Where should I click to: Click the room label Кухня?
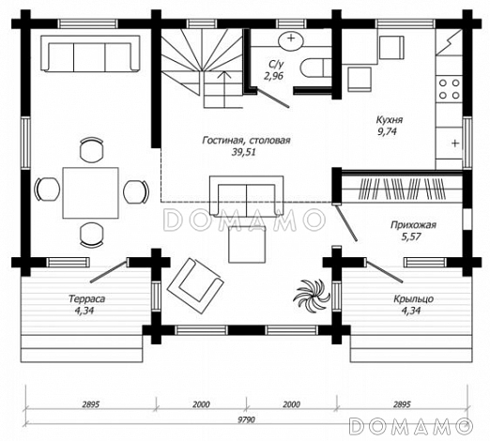389,120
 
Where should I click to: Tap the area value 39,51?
243,152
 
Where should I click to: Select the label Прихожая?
413,225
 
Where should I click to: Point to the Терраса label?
86,298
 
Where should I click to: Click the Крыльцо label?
413,298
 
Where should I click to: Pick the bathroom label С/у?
276,65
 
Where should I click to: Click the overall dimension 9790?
246,419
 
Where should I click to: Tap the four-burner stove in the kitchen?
449,89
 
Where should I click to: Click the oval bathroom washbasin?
291,39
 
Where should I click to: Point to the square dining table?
90,192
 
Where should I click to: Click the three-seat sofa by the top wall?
90,53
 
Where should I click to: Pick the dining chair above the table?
91,149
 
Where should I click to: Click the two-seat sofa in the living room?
247,196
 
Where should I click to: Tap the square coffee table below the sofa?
247,245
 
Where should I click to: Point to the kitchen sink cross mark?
455,144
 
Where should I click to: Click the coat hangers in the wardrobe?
402,189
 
